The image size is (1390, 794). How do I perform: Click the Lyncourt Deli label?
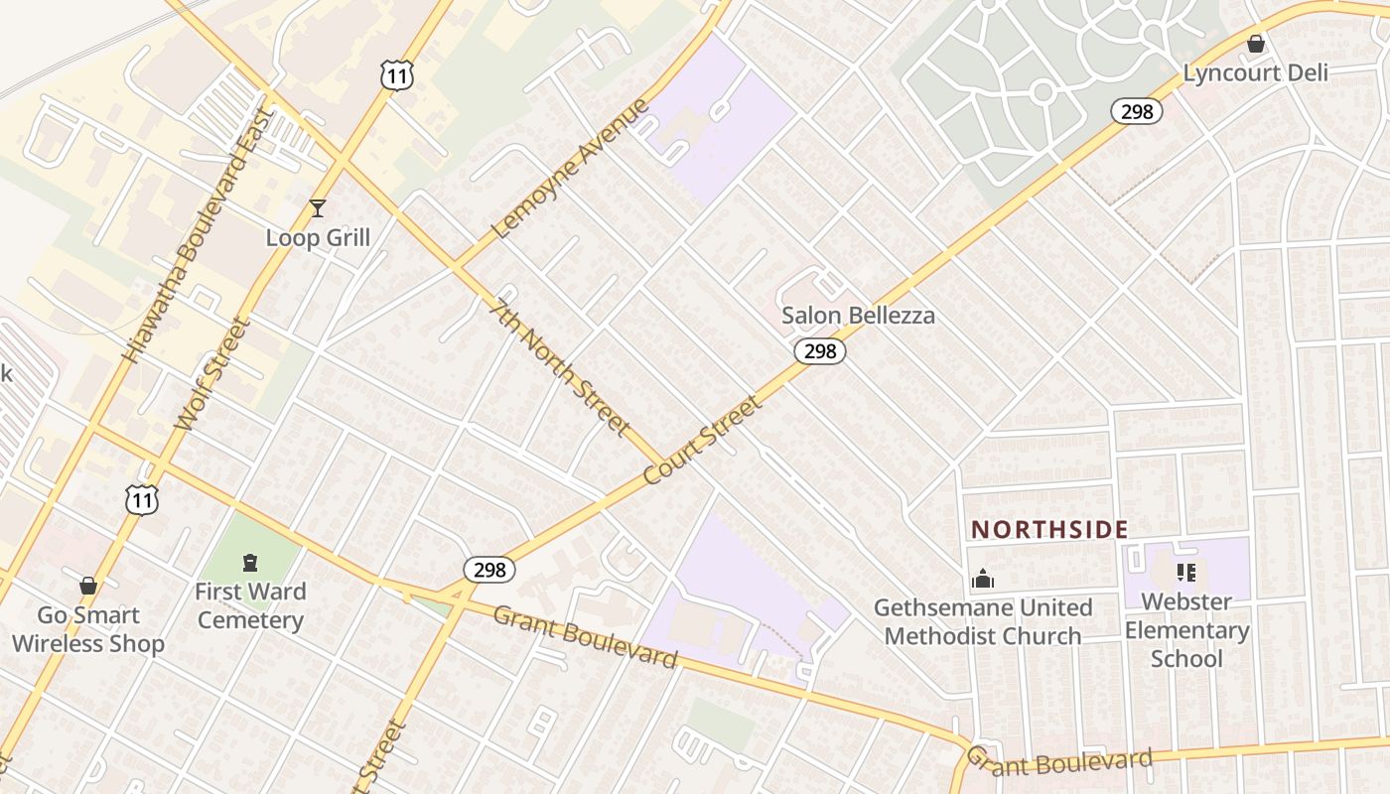pyautogui.click(x=1255, y=73)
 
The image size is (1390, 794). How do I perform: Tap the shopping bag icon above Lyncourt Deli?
pyautogui.click(x=1255, y=44)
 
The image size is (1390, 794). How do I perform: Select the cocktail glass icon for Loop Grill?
pyautogui.click(x=318, y=207)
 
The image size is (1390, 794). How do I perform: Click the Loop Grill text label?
pyautogui.click(x=318, y=237)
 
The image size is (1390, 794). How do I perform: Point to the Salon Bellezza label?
pyautogui.click(x=858, y=316)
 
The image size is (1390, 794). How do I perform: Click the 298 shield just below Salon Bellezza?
pyautogui.click(x=820, y=351)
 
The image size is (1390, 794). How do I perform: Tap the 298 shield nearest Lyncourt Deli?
pyautogui.click(x=1137, y=111)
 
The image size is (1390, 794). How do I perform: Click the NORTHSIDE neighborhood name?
pyautogui.click(x=1049, y=529)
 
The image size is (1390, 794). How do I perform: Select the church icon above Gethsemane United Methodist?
pyautogui.click(x=983, y=579)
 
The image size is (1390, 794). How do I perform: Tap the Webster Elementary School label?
pyautogui.click(x=1186, y=629)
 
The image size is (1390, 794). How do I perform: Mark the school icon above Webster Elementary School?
pyautogui.click(x=1185, y=573)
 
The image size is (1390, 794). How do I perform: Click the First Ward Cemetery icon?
pyautogui.click(x=250, y=563)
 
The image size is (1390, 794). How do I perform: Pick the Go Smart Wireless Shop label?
pyautogui.click(x=87, y=629)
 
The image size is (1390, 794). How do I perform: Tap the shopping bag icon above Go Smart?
pyautogui.click(x=88, y=586)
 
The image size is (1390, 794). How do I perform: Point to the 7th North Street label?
pyautogui.click(x=561, y=367)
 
